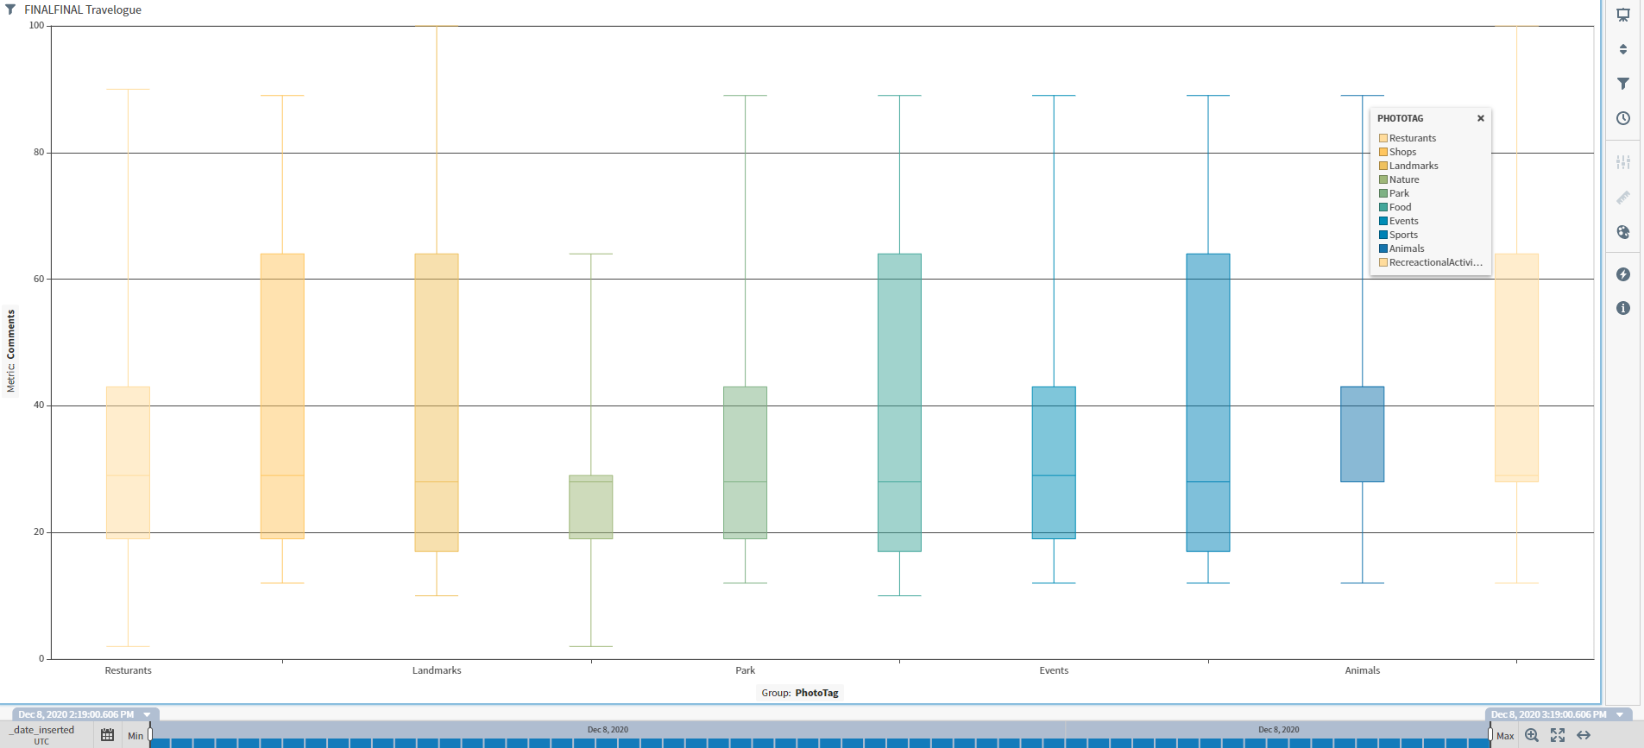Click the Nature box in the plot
tap(591, 507)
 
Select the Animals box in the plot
tap(1362, 434)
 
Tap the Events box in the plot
tap(1054, 462)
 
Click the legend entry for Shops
tap(1402, 152)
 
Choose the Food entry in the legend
tap(1400, 207)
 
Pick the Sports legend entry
tap(1403, 235)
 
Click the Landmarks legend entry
tap(1414, 166)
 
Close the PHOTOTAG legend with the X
tap(1481, 118)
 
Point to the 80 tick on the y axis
tap(39, 153)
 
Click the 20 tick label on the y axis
tap(39, 532)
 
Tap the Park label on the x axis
tap(746, 670)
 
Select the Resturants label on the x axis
tap(128, 670)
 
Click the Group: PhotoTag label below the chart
tap(800, 693)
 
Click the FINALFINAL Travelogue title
tap(83, 9)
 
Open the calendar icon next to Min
tap(107, 735)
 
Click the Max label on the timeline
tap(1505, 736)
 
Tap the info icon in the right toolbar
tap(1623, 308)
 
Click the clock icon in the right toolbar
tap(1623, 118)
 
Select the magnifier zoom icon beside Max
tap(1532, 735)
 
